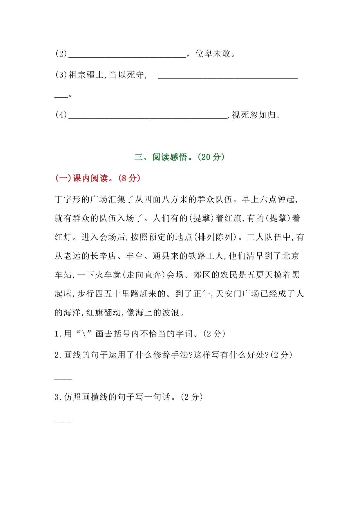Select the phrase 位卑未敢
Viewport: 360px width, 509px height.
(213, 54)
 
